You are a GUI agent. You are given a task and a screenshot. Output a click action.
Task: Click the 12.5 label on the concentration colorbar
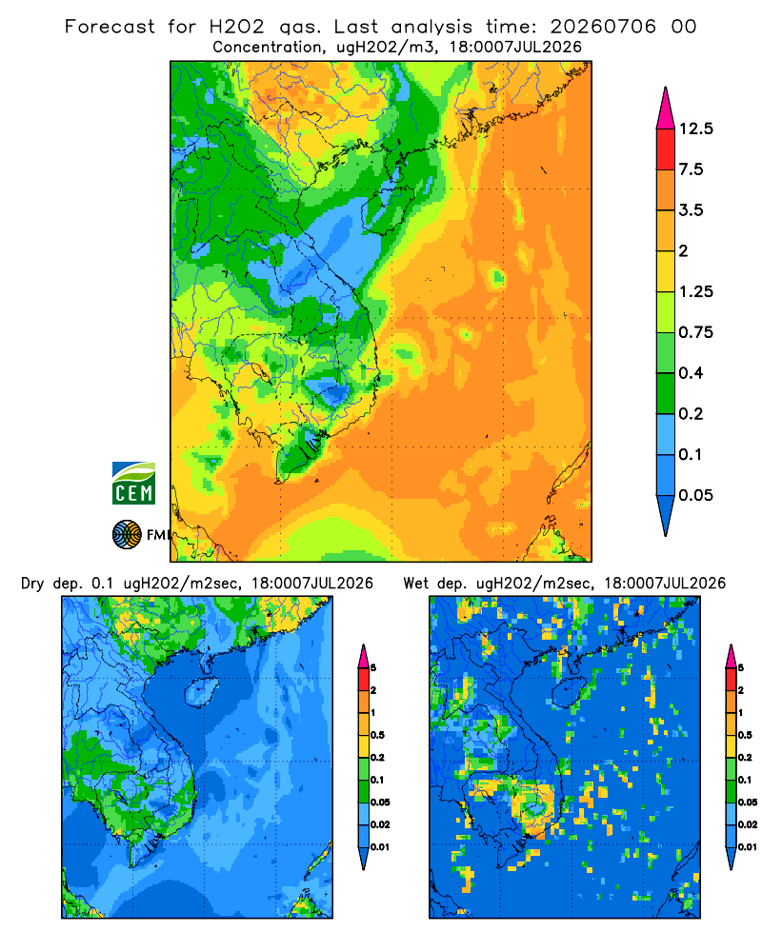pos(695,129)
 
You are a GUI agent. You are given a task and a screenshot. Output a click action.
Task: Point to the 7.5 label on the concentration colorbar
pos(691,169)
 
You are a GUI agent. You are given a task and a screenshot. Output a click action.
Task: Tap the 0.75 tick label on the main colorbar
pos(695,332)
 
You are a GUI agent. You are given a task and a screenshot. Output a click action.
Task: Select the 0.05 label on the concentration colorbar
pos(695,495)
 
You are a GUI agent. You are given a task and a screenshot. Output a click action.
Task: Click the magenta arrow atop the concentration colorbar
pos(666,109)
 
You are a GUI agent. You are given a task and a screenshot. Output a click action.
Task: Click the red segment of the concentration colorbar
pos(666,149)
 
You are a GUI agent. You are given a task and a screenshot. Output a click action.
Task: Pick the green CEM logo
pos(133,484)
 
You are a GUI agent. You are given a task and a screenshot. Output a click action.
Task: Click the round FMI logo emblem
pos(127,535)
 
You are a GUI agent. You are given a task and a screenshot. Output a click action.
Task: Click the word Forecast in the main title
pos(110,27)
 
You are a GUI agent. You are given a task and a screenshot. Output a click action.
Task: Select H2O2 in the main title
pos(237,27)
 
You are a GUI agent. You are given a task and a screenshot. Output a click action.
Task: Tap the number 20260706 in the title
pos(603,27)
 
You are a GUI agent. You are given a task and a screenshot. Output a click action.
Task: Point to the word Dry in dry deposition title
pos(32,584)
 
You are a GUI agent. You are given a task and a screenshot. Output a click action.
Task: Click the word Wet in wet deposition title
pos(416,584)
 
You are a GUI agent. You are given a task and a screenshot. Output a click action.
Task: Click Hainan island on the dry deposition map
pos(201,692)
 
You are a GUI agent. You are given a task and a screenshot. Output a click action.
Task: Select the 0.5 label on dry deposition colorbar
pos(377,735)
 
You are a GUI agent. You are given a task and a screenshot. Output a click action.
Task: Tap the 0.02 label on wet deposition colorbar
pos(748,824)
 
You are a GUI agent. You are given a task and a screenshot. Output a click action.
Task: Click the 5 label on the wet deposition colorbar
pos(741,668)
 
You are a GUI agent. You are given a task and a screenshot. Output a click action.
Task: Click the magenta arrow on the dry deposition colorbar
pos(363,656)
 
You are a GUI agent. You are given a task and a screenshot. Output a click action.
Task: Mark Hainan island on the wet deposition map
pos(569,692)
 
